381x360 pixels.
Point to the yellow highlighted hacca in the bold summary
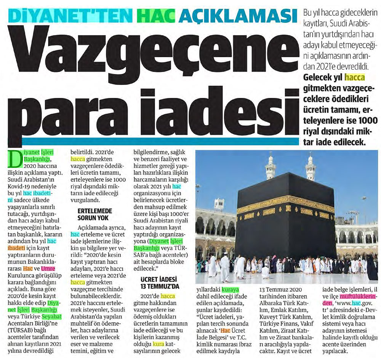click(x=354, y=78)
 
